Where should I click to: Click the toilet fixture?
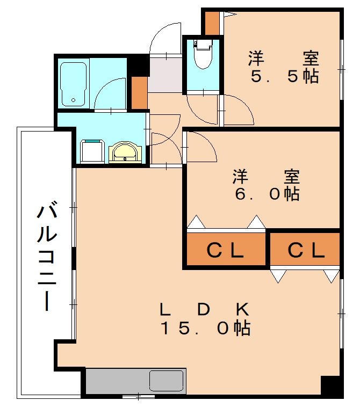203,55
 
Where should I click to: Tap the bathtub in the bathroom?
73,84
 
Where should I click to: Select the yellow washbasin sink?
126,153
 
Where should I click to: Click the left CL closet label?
226,250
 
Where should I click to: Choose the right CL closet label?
305,250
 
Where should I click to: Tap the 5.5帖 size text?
284,76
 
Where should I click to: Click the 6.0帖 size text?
266,194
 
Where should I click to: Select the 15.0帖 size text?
206,327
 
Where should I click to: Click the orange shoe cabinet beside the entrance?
140,93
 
